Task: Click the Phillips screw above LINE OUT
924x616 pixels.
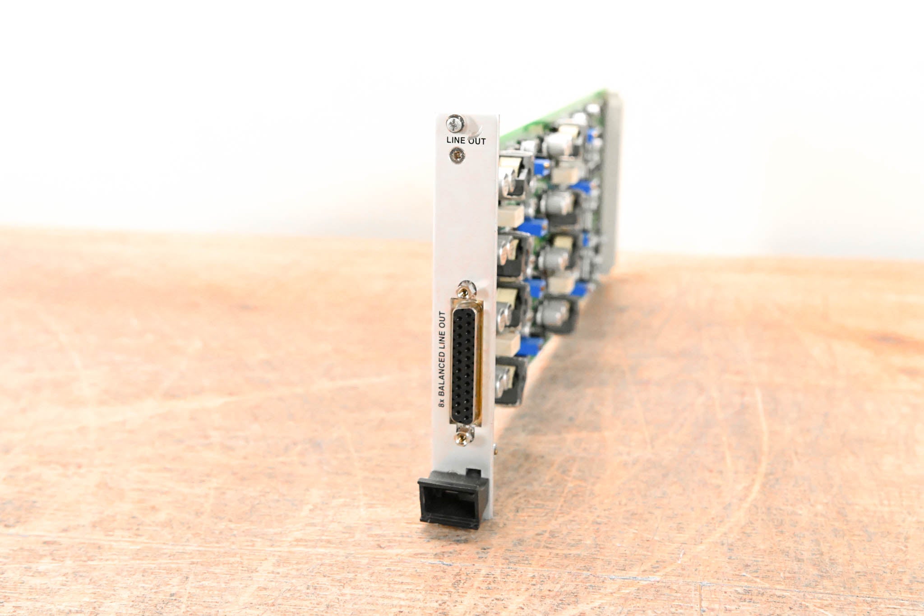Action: [x=455, y=122]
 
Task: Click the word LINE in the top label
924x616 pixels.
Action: [x=455, y=140]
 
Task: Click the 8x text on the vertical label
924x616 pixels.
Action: [x=442, y=402]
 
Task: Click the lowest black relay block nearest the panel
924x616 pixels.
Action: [x=510, y=379]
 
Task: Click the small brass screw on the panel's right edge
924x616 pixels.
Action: [x=496, y=449]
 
